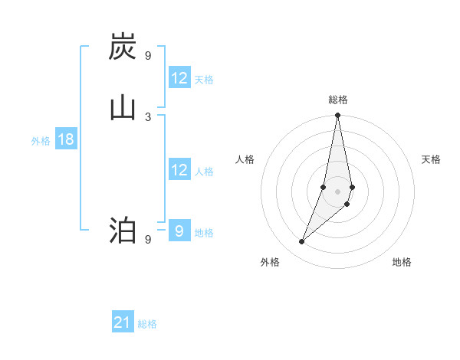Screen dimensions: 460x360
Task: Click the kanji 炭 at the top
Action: [x=123, y=47]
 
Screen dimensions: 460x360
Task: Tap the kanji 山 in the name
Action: [x=123, y=107]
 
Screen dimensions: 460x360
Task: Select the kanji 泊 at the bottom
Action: [x=123, y=230]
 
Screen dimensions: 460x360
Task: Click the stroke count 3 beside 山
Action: [x=148, y=116]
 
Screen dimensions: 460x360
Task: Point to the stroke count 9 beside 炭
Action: [x=148, y=56]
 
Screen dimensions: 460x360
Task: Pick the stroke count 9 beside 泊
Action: [x=148, y=239]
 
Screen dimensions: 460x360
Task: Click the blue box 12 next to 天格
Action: [x=179, y=78]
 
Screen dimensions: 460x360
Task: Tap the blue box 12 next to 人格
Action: [x=179, y=170]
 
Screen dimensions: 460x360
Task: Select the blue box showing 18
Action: [x=65, y=139]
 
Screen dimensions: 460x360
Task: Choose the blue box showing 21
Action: [x=123, y=322]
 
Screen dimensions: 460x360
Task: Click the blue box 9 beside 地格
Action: [x=179, y=231]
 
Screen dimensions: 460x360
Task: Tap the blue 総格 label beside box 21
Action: [x=147, y=324]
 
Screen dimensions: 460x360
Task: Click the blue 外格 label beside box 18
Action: [x=41, y=141]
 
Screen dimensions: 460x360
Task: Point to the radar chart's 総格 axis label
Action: [x=338, y=100]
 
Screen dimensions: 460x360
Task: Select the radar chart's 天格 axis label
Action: [x=431, y=159]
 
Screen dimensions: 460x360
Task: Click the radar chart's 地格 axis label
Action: [x=402, y=262]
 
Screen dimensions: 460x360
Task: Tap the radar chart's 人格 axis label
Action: [x=245, y=159]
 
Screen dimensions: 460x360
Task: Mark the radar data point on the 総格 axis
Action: [x=337, y=116]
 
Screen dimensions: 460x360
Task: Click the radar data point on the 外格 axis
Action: [x=302, y=242]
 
